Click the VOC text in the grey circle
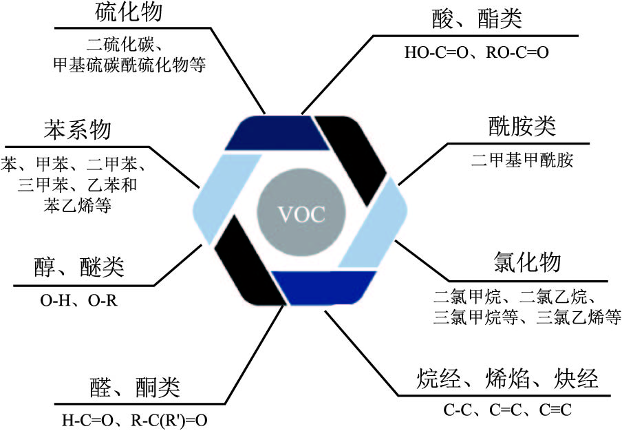pyautogui.click(x=301, y=213)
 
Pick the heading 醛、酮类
pyautogui.click(x=134, y=388)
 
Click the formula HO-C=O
pyautogui.click(x=439, y=52)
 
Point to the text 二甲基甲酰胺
pyautogui.click(x=522, y=161)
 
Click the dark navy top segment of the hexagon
pyautogui.click(x=277, y=132)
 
